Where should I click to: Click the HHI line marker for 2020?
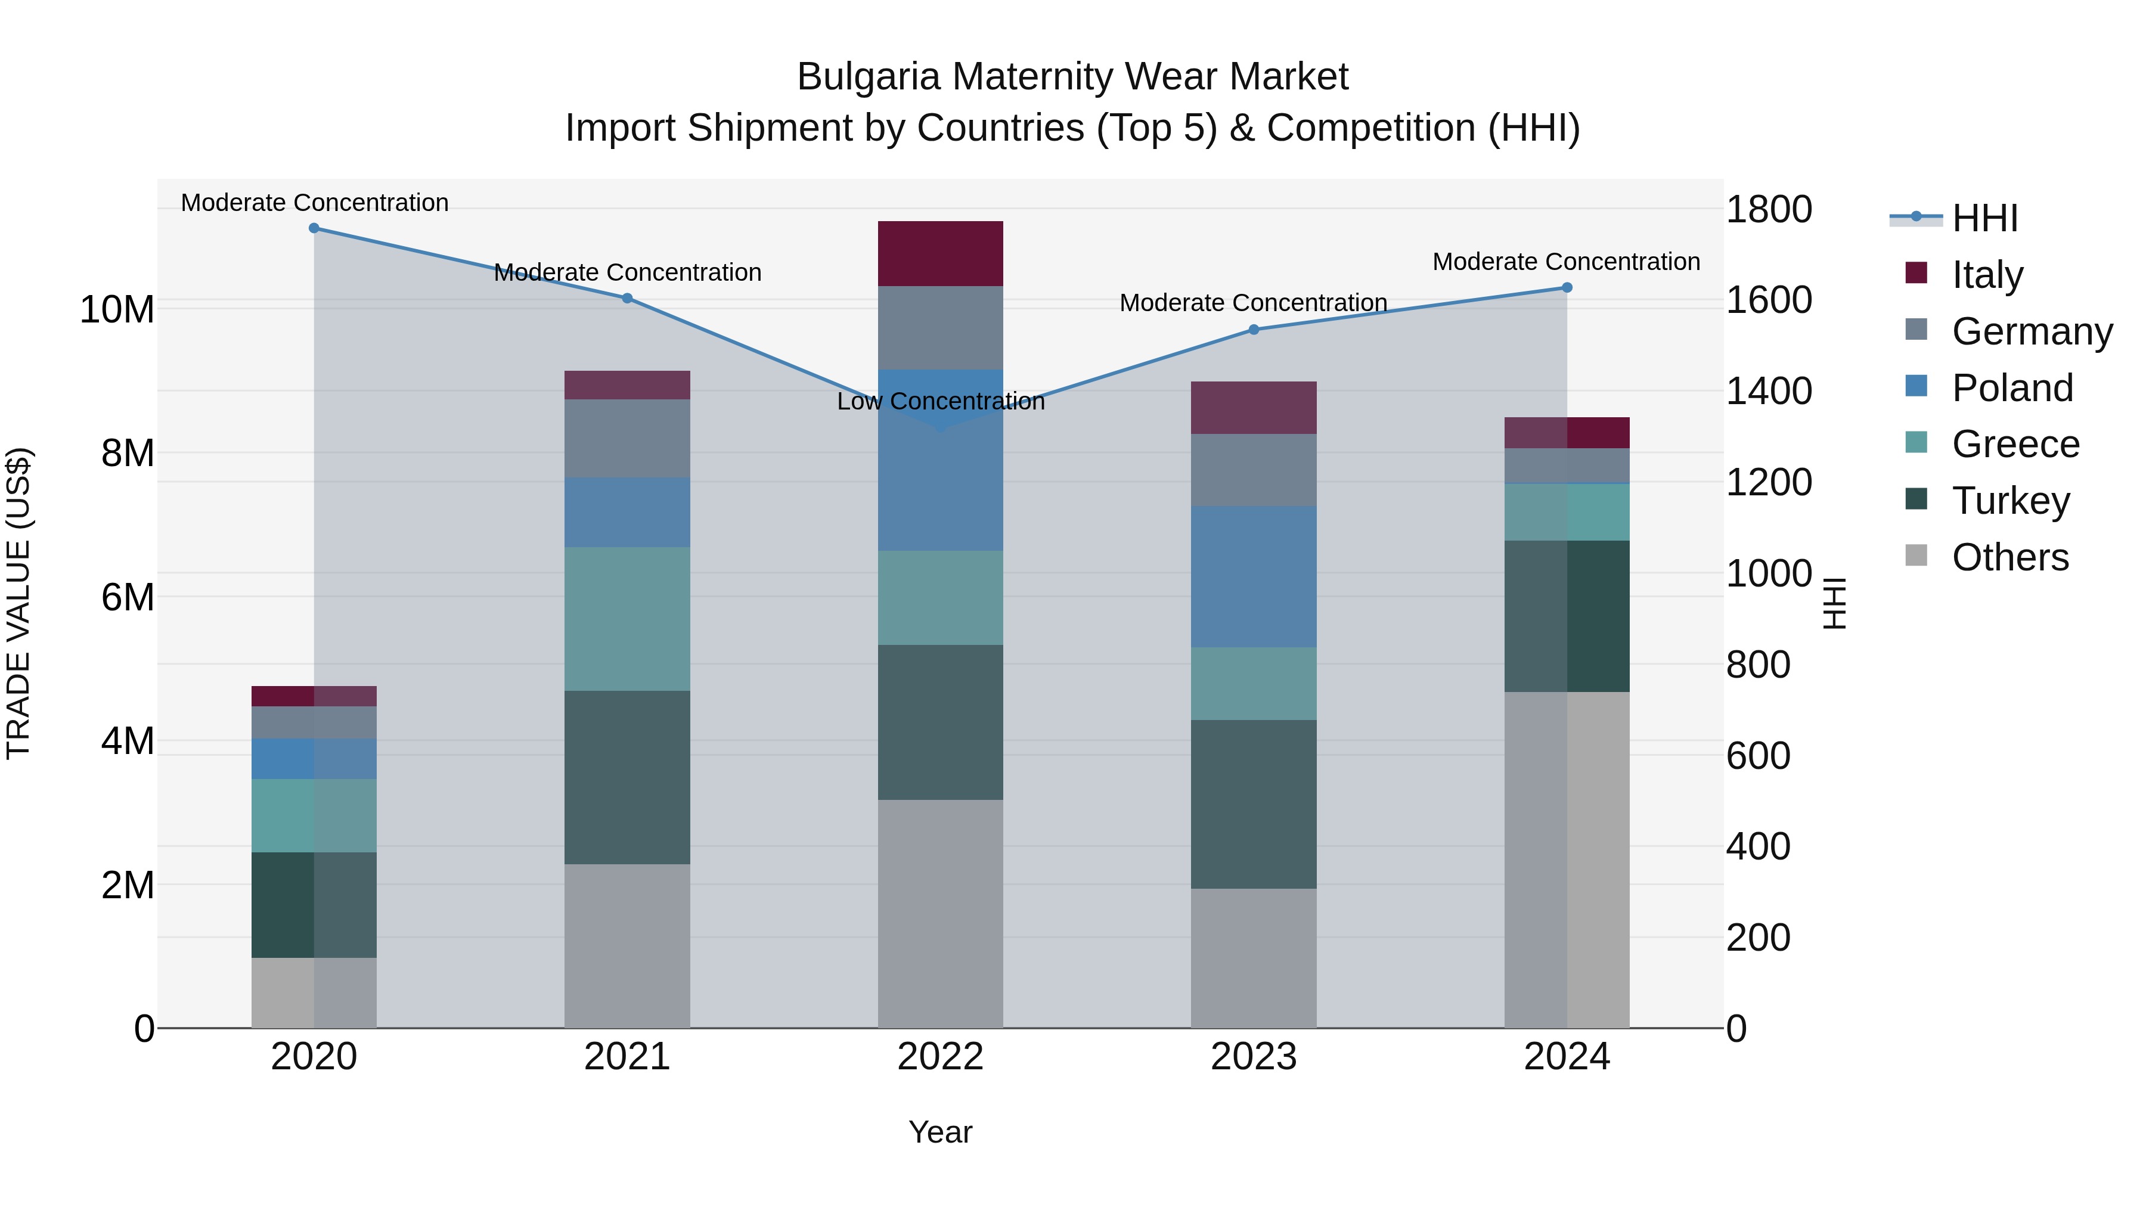click(x=314, y=228)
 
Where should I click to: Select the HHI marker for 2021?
click(x=627, y=298)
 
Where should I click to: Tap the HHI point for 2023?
click(x=1254, y=330)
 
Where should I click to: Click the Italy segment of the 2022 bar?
click(x=941, y=254)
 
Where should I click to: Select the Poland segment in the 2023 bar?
click(x=1254, y=576)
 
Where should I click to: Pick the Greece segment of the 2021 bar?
click(x=627, y=619)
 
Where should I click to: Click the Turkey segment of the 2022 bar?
click(x=941, y=722)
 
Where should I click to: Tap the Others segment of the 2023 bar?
click(x=1254, y=958)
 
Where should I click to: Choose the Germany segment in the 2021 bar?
click(x=627, y=438)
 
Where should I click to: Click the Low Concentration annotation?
click(x=941, y=402)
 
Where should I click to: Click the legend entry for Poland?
click(x=2012, y=388)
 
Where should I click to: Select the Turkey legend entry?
click(x=2010, y=501)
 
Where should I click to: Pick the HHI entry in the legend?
click(x=1984, y=218)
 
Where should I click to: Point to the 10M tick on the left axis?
click(x=117, y=310)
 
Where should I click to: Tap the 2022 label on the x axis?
click(x=941, y=1057)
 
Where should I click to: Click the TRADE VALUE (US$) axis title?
click(x=19, y=603)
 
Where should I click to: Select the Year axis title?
click(x=941, y=1132)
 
